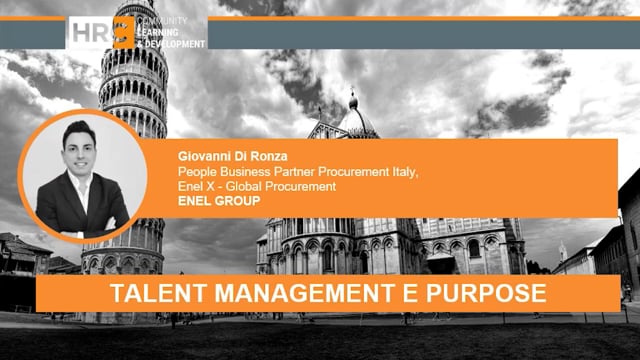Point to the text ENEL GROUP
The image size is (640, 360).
tap(212, 201)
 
